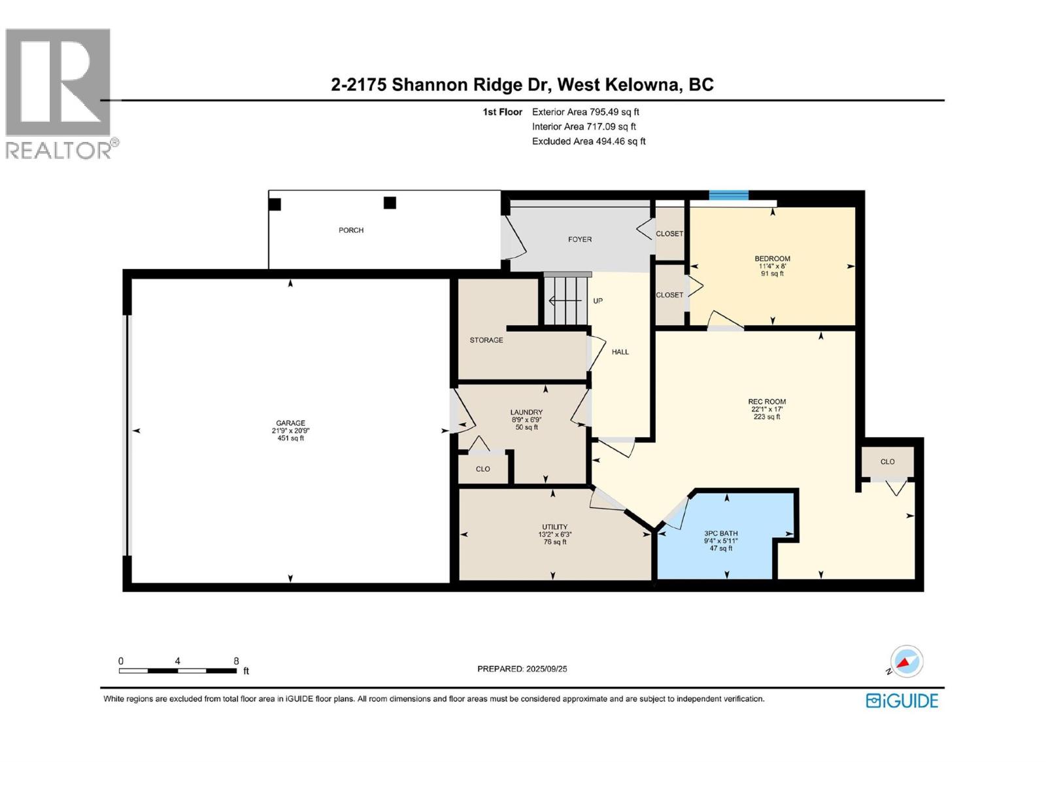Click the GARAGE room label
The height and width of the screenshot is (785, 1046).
coord(290,423)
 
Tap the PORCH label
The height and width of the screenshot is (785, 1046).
coord(351,230)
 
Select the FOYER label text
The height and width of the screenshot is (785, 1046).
coord(579,239)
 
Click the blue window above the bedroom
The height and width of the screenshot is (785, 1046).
coord(728,195)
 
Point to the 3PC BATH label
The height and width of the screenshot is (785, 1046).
coord(720,534)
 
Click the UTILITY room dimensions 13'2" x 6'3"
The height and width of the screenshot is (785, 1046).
coord(554,534)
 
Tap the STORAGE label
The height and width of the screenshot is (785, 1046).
coord(486,340)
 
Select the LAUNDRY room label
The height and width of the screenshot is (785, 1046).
coord(526,413)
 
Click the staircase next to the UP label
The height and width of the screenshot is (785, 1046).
coord(564,301)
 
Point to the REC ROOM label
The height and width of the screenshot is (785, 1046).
coord(767,402)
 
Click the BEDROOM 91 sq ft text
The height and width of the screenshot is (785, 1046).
coord(772,273)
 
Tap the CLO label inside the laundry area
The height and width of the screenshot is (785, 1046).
coord(482,469)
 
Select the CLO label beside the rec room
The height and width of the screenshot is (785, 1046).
coord(887,462)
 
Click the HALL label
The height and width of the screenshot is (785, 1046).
coord(620,352)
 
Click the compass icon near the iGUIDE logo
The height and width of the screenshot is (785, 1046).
coord(906,661)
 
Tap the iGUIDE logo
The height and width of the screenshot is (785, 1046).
coord(902,701)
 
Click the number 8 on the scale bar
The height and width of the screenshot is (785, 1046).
coord(236,661)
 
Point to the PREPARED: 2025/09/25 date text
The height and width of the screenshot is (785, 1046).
coord(522,669)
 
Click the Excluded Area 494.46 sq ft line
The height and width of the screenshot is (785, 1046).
coord(588,141)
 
